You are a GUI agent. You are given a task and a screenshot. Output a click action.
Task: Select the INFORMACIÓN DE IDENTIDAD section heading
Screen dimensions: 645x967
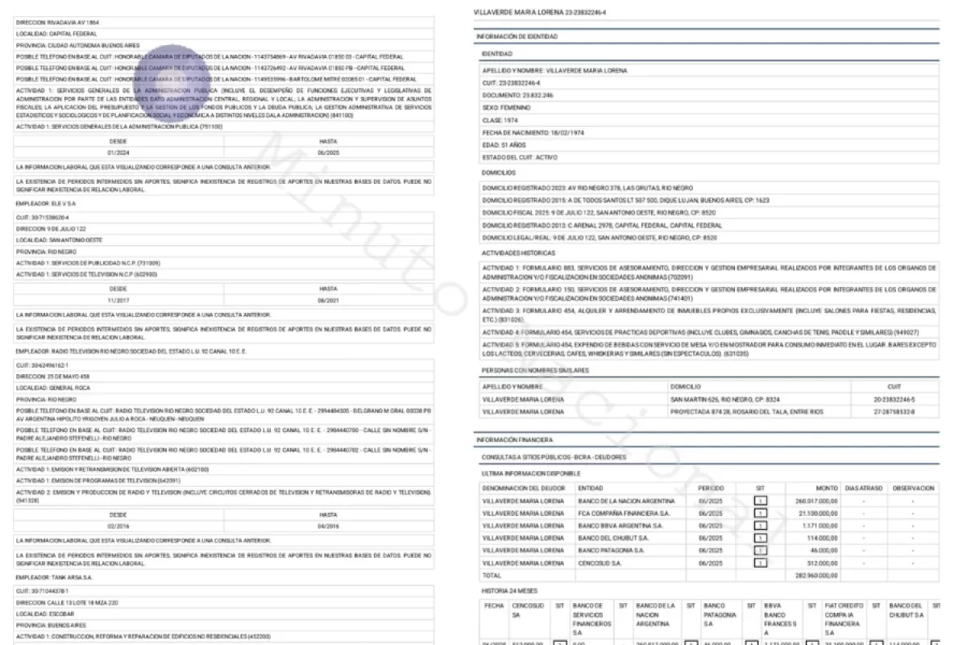click(x=517, y=37)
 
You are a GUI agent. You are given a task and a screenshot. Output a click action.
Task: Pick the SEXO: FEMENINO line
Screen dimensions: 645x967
click(x=507, y=107)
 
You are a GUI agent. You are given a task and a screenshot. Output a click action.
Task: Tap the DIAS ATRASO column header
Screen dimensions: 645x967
click(x=863, y=488)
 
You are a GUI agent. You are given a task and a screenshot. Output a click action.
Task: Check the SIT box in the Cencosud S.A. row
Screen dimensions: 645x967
click(x=760, y=564)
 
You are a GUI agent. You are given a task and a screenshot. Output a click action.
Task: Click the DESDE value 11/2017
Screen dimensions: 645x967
click(x=118, y=300)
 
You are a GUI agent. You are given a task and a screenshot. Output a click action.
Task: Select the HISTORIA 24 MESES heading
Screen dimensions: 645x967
click(x=509, y=591)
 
